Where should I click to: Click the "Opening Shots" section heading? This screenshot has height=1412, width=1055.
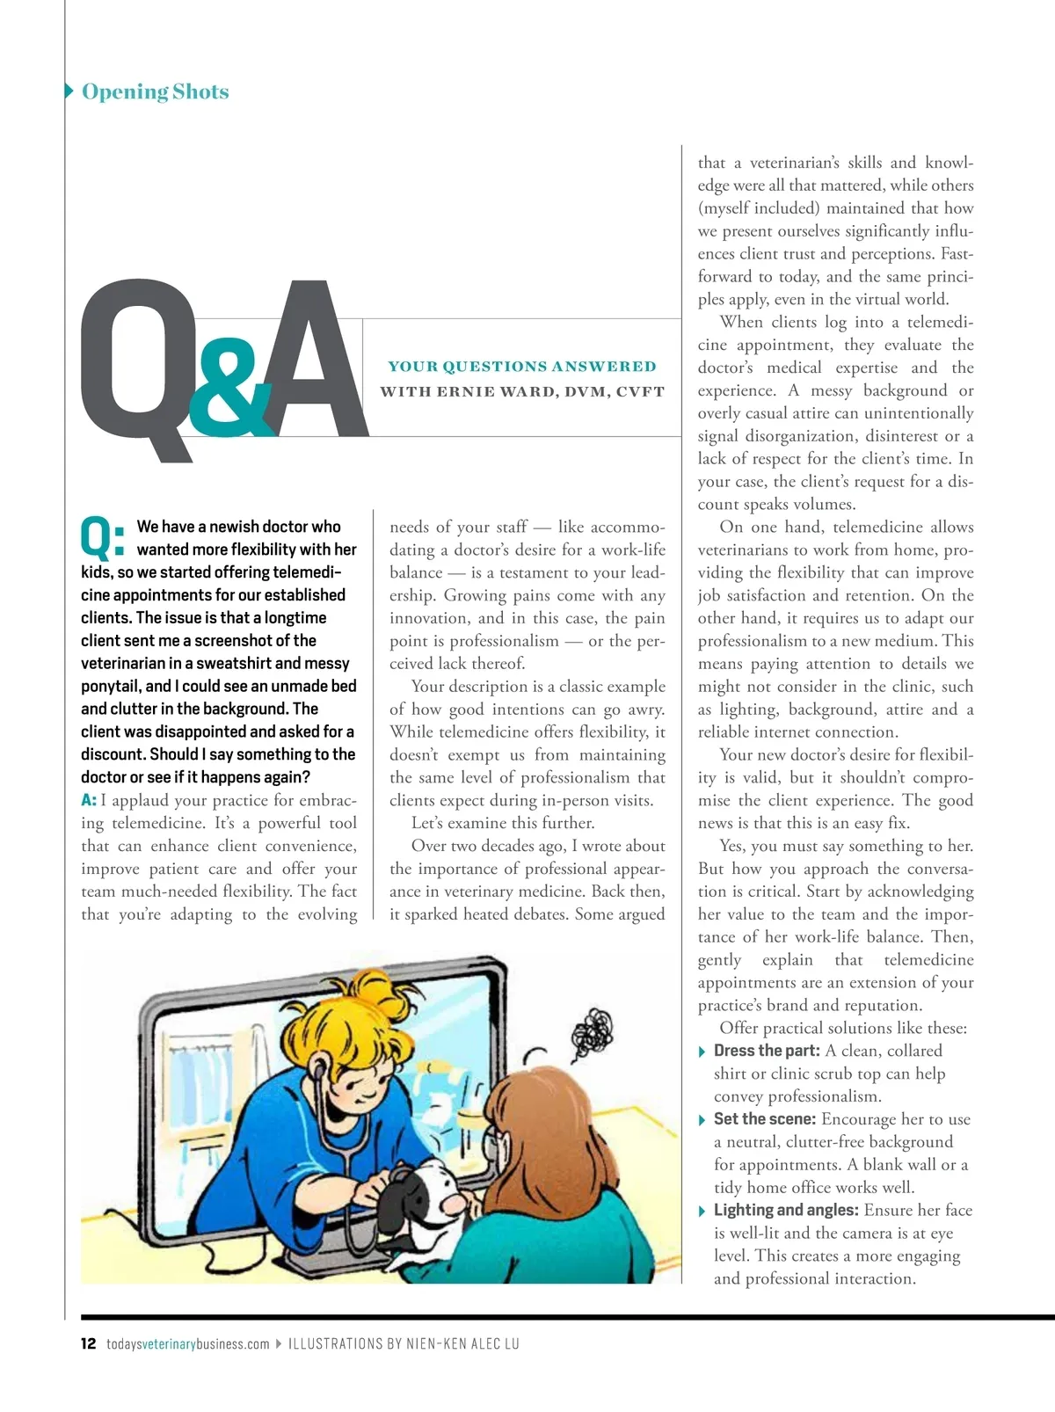point(155,91)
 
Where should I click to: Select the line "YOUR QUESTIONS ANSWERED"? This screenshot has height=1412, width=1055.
point(522,367)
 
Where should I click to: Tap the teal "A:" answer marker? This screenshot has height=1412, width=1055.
point(89,800)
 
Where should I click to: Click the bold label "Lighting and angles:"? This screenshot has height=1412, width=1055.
point(786,1211)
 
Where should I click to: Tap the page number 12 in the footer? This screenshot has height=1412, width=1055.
point(88,1343)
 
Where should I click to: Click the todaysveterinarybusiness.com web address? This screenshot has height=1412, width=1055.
point(188,1343)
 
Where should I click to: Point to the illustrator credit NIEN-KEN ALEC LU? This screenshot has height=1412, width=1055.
point(462,1343)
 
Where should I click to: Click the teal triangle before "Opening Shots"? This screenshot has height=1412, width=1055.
point(69,91)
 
